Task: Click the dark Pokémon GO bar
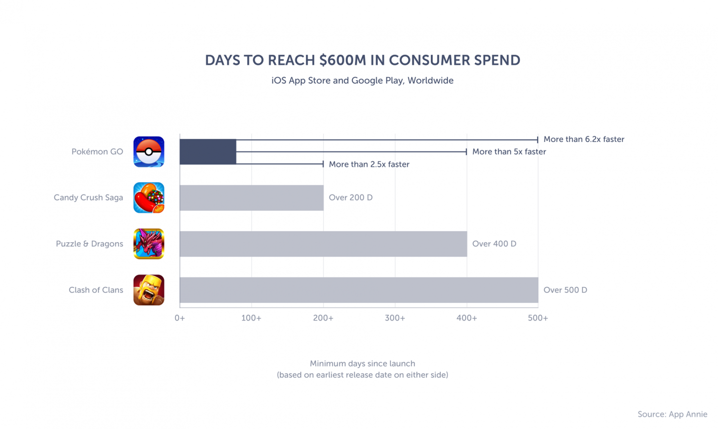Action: pos(208,151)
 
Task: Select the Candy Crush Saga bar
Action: pos(251,198)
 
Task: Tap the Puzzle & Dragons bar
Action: pos(323,244)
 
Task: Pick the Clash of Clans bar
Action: pos(359,290)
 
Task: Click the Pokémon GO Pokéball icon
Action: pos(149,151)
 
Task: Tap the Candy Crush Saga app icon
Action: pos(149,198)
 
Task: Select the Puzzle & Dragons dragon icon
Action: pos(149,244)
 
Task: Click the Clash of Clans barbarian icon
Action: pos(149,290)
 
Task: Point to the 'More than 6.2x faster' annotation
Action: pos(583,140)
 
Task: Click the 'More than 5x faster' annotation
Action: pos(509,151)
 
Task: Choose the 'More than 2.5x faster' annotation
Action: pos(369,164)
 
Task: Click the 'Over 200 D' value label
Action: pos(351,198)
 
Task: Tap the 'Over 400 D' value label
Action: pos(494,244)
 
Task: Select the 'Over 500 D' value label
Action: pos(565,290)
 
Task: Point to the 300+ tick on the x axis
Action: pos(395,318)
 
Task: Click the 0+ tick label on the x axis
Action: pos(179,318)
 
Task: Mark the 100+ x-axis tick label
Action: pos(251,318)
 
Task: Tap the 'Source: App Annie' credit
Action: pos(672,414)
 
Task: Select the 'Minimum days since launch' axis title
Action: pos(362,364)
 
